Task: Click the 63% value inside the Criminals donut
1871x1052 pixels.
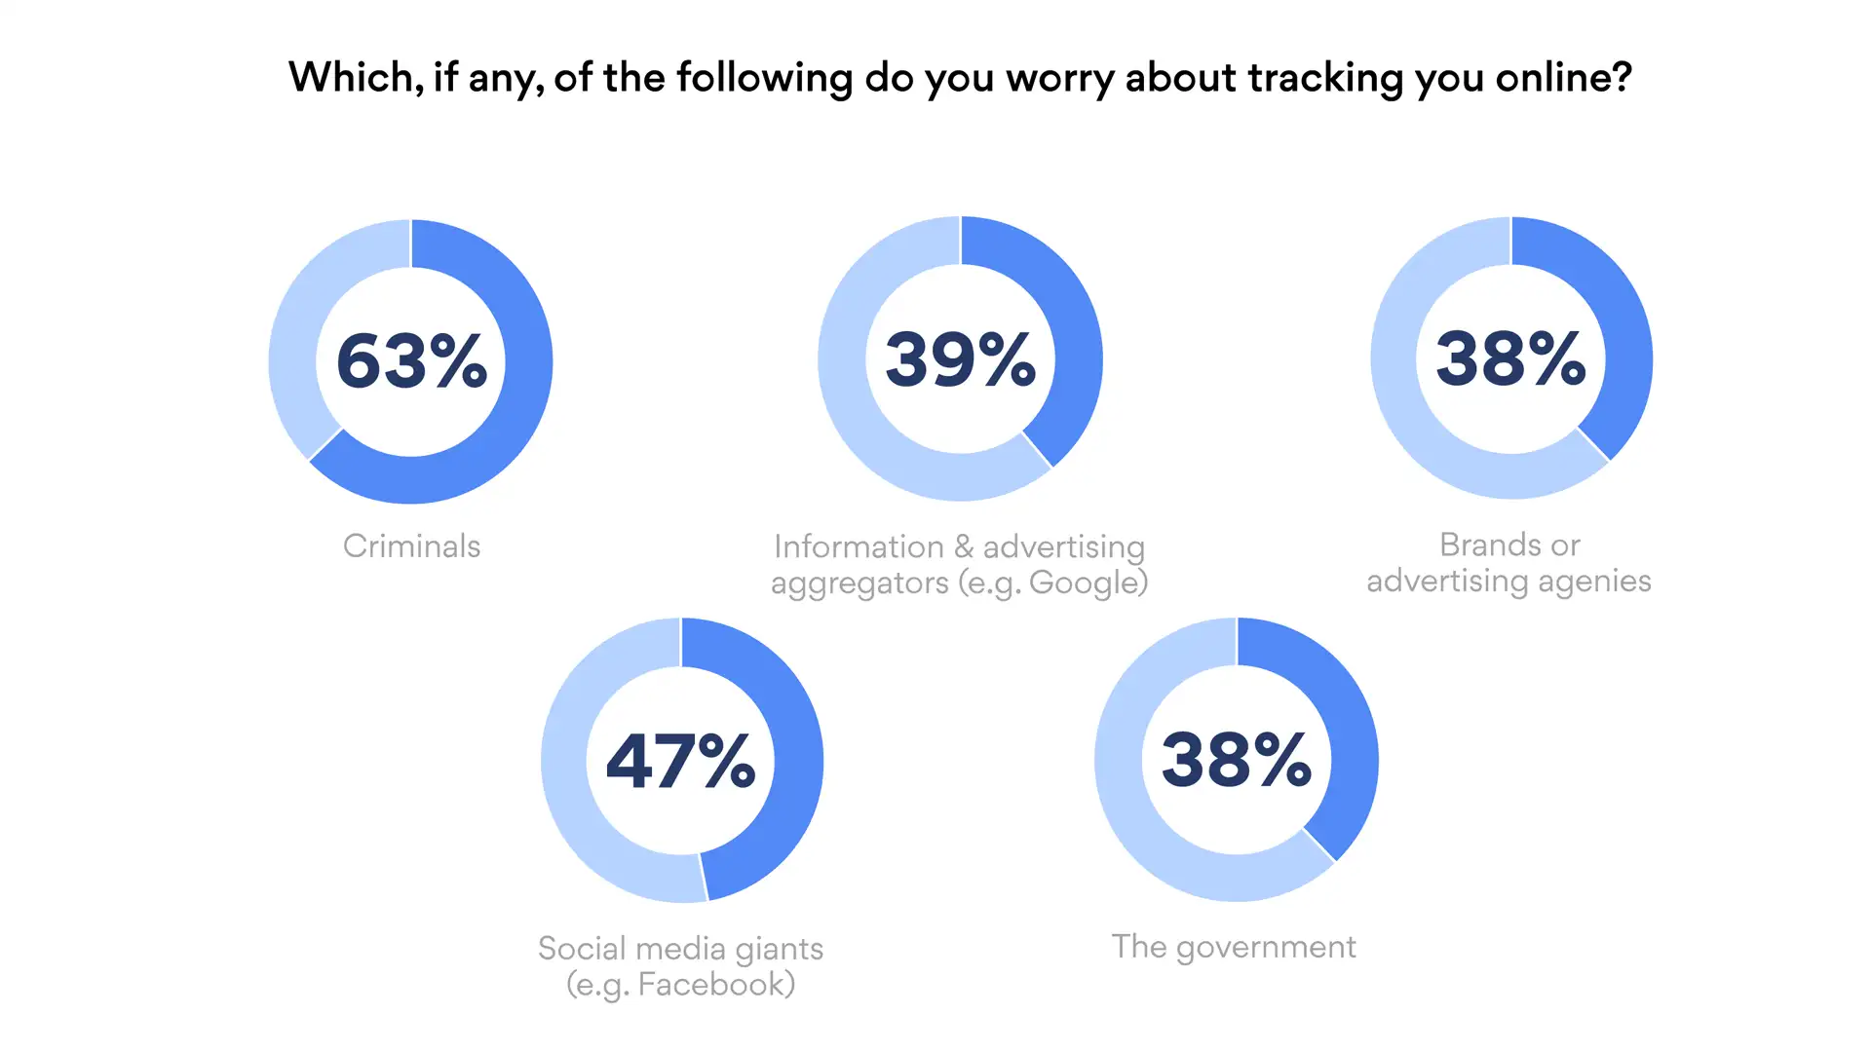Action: pyautogui.click(x=411, y=360)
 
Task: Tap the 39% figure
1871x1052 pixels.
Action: pyautogui.click(x=960, y=358)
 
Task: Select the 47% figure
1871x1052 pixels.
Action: pyautogui.click(x=680, y=760)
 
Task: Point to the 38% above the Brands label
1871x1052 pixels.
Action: pyautogui.click(x=1510, y=357)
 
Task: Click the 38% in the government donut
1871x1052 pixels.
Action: pyautogui.click(x=1236, y=759)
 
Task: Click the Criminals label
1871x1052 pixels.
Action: pyautogui.click(x=411, y=545)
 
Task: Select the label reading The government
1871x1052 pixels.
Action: pyautogui.click(x=1234, y=946)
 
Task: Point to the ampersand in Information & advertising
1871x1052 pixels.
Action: pyautogui.click(x=964, y=546)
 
